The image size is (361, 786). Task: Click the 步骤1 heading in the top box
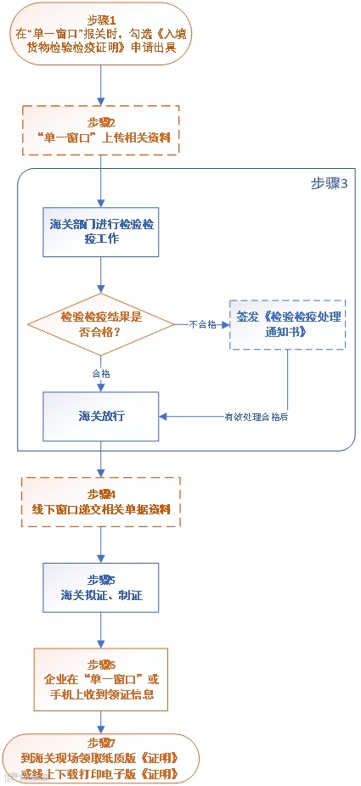tap(101, 19)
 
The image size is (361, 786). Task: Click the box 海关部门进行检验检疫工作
tap(101, 231)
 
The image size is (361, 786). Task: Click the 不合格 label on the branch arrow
tap(201, 323)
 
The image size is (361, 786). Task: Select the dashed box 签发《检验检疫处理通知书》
tap(287, 323)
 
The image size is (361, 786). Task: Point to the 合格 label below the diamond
tap(101, 373)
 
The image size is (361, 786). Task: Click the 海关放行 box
tap(101, 416)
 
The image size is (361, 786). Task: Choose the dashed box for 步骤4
tap(101, 502)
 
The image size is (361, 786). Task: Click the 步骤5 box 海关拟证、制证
tap(101, 587)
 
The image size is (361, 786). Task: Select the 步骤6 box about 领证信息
tap(101, 679)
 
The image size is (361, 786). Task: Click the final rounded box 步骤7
tap(101, 757)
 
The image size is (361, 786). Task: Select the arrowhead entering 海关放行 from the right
tap(165, 416)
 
